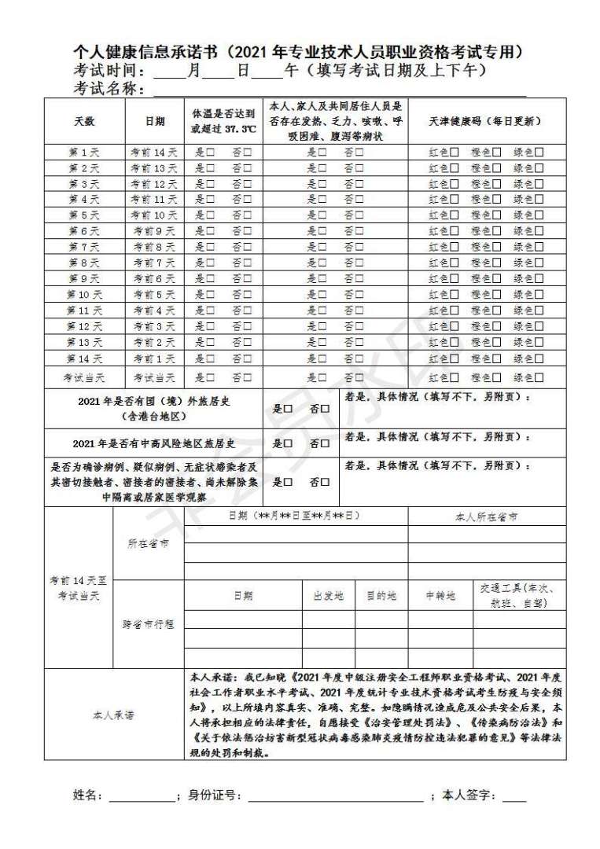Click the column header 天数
pyautogui.click(x=83, y=122)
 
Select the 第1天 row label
pyautogui.click(x=83, y=153)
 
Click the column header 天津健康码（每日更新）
pyautogui.click(x=485, y=122)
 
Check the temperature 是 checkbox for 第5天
pyautogui.click(x=210, y=215)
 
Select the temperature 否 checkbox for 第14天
pyautogui.click(x=247, y=358)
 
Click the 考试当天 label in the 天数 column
pyautogui.click(x=83, y=377)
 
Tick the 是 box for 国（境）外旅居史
pyautogui.click(x=288, y=409)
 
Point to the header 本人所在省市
pyautogui.click(x=487, y=516)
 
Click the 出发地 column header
pyautogui.click(x=329, y=596)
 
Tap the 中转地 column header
pyautogui.click(x=440, y=596)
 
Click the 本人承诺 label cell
pyautogui.click(x=114, y=715)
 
